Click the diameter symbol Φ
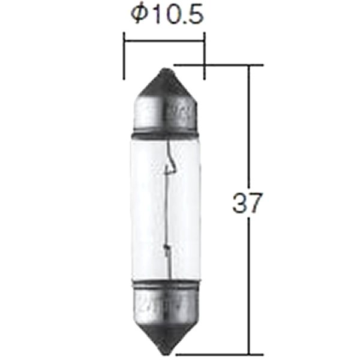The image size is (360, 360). click(x=140, y=14)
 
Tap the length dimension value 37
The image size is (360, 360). click(x=247, y=203)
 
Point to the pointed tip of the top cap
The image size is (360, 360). click(x=166, y=68)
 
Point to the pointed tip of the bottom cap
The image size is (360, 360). click(x=166, y=353)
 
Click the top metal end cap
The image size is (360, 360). click(x=166, y=101)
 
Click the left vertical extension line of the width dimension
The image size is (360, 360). click(x=124, y=56)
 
